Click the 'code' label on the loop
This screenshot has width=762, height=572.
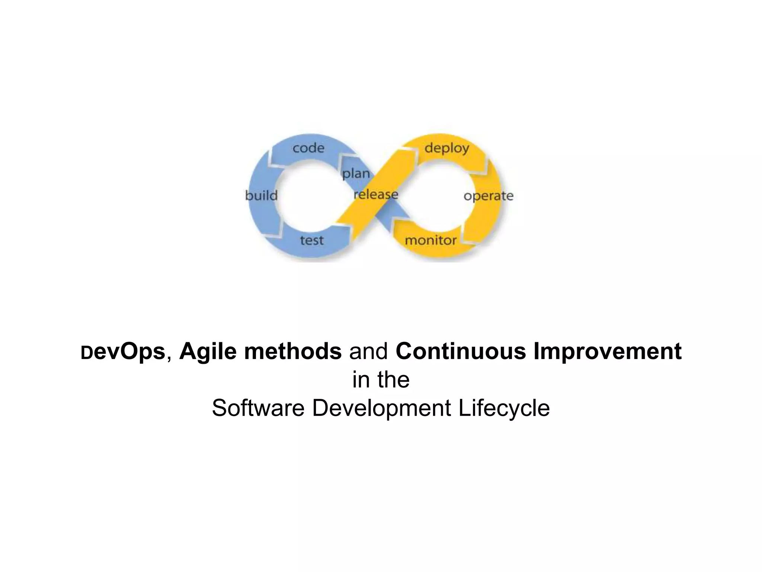click(x=308, y=148)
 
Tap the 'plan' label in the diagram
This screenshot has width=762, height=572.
click(x=356, y=174)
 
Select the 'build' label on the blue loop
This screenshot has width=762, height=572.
click(x=262, y=196)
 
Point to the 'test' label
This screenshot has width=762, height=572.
click(x=312, y=240)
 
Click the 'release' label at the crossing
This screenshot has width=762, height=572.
click(x=376, y=194)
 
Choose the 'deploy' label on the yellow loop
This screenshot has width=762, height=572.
click(x=447, y=148)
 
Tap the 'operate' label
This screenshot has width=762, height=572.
click(x=489, y=196)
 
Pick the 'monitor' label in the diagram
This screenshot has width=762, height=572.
click(x=430, y=240)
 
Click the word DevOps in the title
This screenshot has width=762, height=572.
click(x=123, y=352)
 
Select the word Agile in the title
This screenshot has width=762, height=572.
click(x=208, y=352)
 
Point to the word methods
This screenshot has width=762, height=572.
click(x=293, y=351)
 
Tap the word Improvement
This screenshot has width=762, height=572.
click(x=608, y=352)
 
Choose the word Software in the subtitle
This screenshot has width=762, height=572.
click(x=258, y=408)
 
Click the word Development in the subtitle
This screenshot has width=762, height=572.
click(x=382, y=408)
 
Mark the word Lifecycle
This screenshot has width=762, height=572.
click(x=504, y=408)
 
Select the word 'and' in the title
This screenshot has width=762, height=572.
click(x=368, y=351)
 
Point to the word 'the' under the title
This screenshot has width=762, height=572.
click(x=394, y=380)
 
